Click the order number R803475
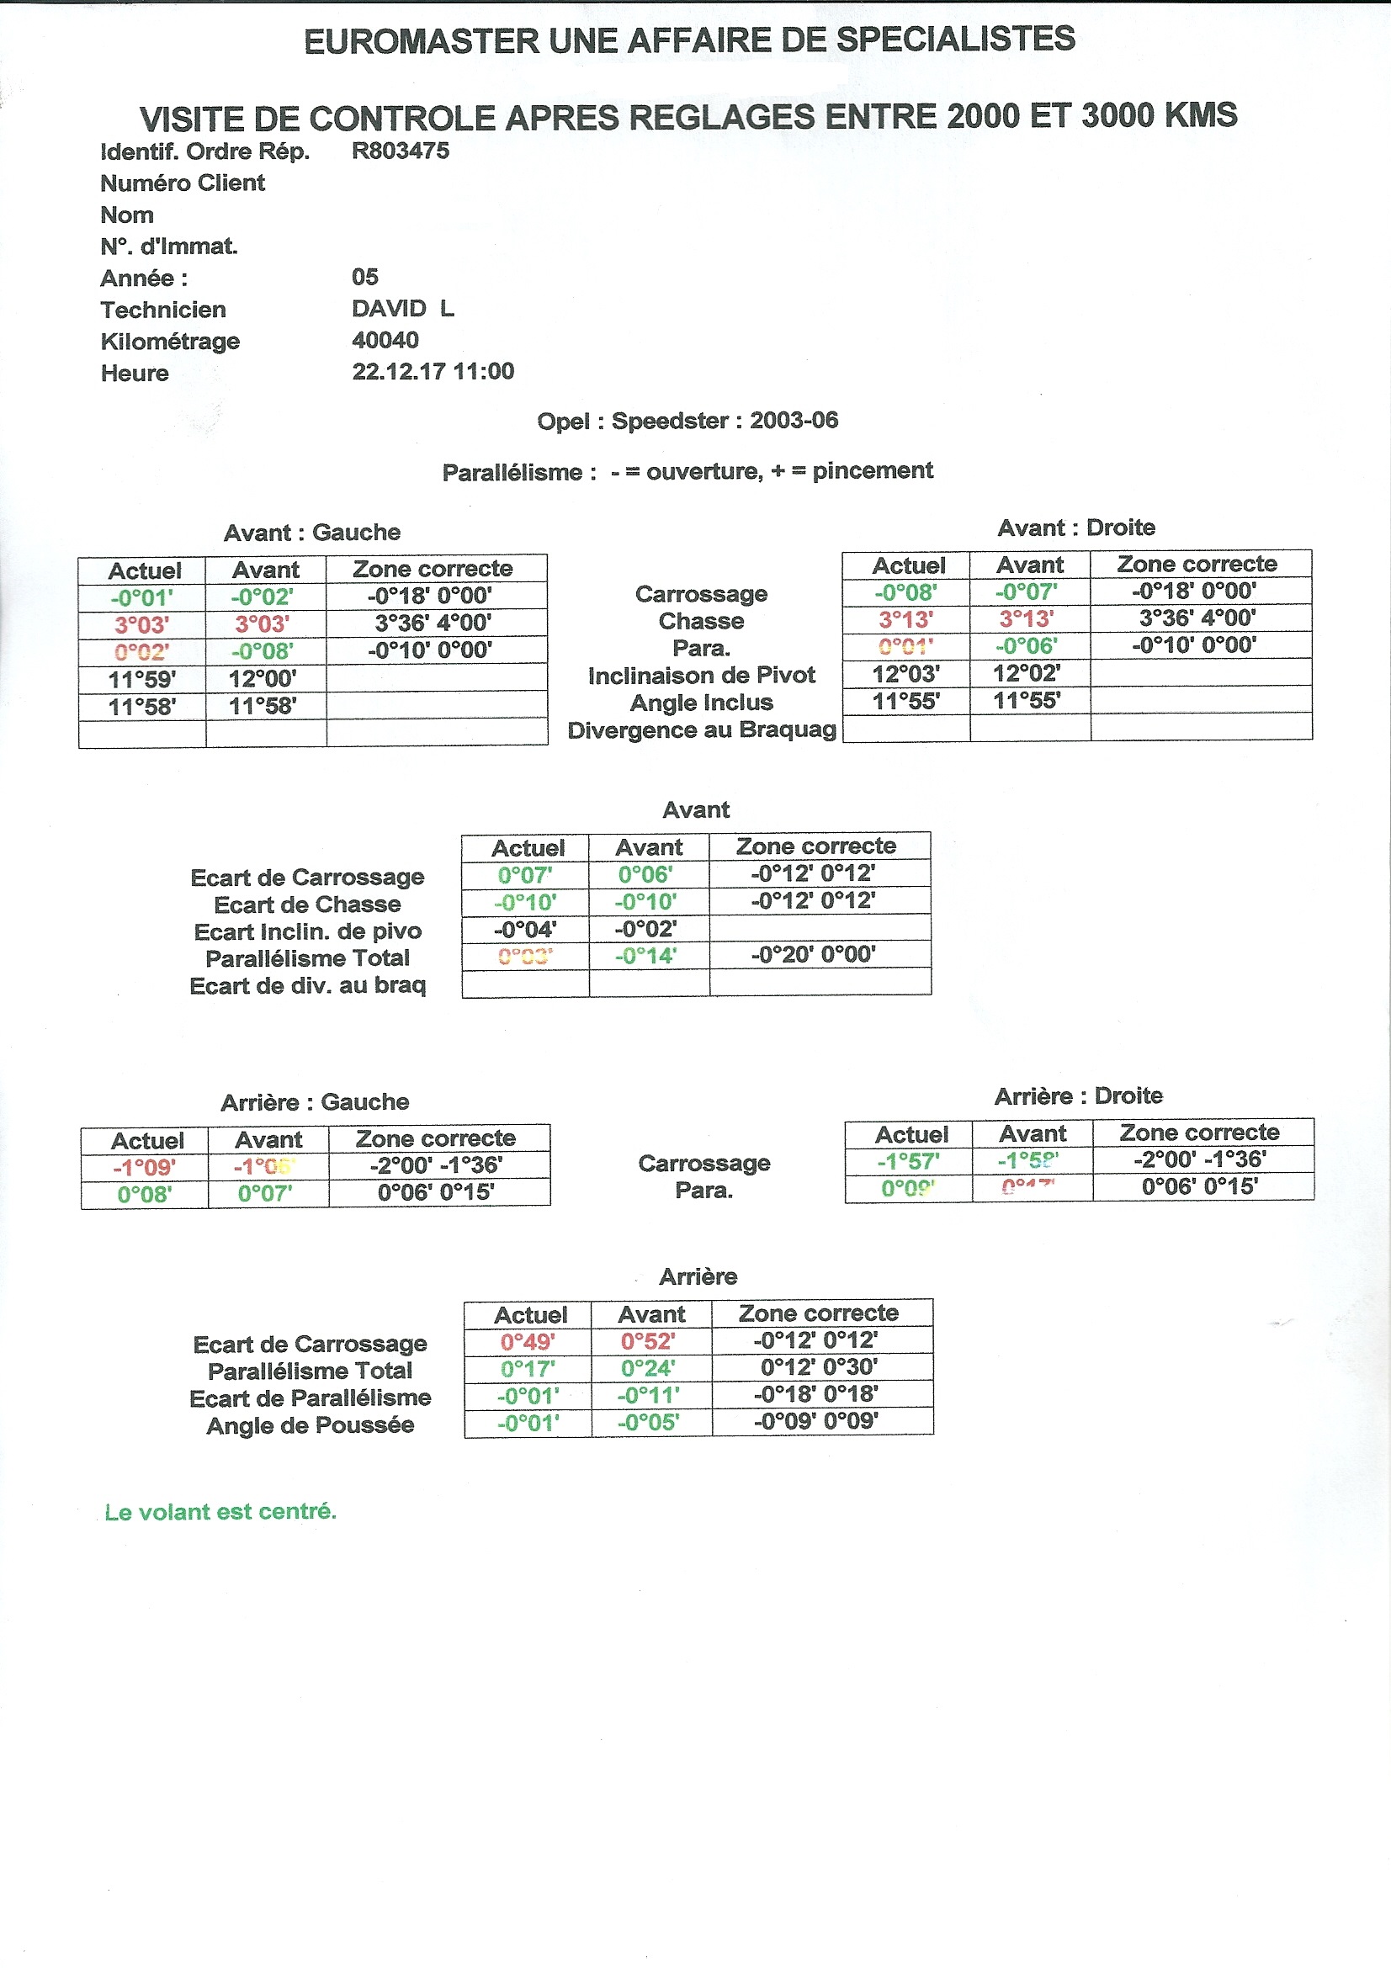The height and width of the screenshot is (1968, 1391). coord(401,151)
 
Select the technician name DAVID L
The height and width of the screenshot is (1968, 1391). coord(403,309)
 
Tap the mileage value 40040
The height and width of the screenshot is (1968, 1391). coord(385,340)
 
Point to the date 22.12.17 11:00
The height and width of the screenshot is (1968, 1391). coord(433,371)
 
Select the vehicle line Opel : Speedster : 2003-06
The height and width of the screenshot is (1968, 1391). coord(688,421)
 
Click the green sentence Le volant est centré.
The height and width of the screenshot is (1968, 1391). coord(220,1511)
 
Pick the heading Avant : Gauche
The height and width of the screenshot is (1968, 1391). coord(312,533)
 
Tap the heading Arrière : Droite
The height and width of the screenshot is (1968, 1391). coord(1078,1095)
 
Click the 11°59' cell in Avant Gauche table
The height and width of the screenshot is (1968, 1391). coord(142,680)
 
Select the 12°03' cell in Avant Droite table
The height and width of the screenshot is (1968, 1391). coord(906,674)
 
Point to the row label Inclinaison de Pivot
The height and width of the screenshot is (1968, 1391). coord(701,676)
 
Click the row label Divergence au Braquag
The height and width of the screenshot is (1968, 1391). coord(701,730)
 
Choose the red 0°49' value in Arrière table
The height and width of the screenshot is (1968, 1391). coord(528,1341)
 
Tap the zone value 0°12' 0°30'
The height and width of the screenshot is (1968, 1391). coord(819,1367)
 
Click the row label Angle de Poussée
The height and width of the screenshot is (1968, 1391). coord(311,1425)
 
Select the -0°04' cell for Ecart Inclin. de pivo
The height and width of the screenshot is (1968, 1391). coord(525,928)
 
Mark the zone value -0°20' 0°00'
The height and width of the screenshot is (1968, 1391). coord(814,955)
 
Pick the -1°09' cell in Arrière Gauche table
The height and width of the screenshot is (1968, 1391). coord(145,1168)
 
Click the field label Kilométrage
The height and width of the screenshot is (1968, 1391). coord(170,341)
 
